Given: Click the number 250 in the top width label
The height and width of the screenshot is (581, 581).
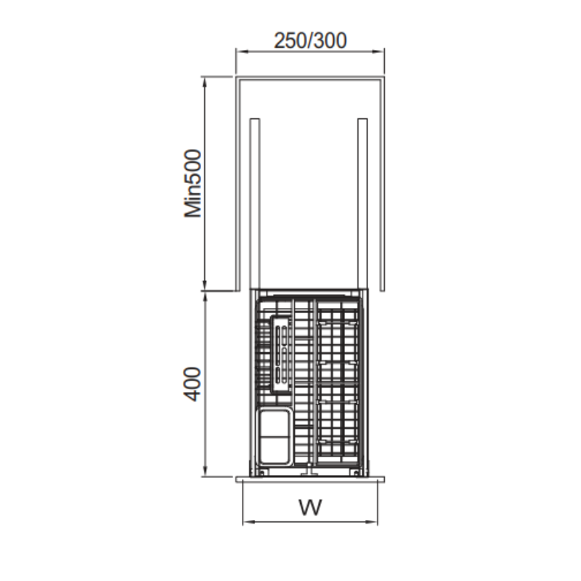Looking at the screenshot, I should (289, 41).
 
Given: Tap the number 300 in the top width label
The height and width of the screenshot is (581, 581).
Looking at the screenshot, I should (330, 41).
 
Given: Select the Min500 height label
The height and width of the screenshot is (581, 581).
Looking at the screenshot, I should (192, 184).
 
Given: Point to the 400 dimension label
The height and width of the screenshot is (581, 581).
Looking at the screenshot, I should (192, 383).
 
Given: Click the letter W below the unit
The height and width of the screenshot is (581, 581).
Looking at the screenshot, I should (310, 506).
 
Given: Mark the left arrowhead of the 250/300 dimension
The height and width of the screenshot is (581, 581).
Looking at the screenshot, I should (240, 52).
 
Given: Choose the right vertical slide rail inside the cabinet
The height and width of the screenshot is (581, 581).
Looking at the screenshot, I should (361, 203).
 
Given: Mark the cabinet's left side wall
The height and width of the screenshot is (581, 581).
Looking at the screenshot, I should (237, 182).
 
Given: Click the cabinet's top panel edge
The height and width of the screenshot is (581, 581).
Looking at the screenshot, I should (310, 76).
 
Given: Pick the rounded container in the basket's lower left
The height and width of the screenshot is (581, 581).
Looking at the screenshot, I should (275, 436).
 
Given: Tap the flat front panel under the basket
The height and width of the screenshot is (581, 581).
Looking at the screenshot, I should (310, 479).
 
